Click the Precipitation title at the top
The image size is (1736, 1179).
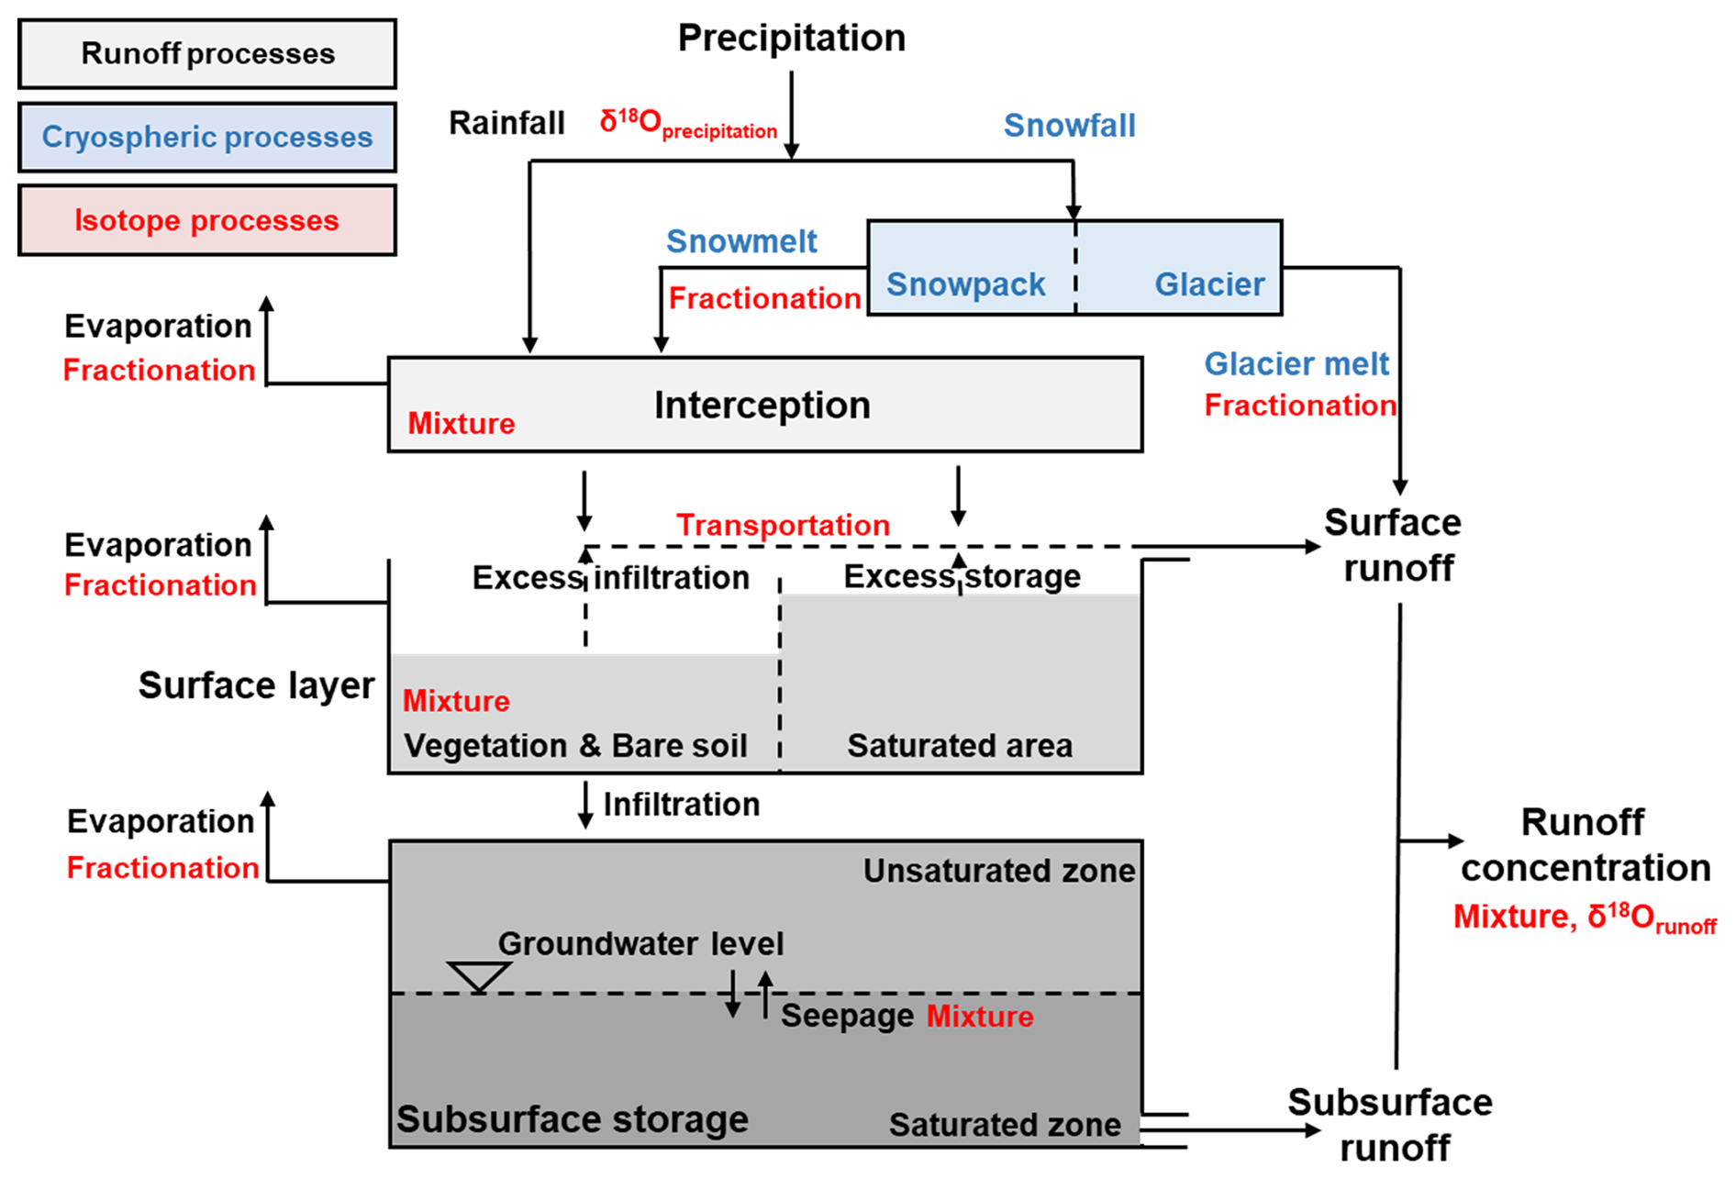pyautogui.click(x=791, y=39)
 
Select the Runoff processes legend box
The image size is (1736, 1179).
pyautogui.click(x=207, y=54)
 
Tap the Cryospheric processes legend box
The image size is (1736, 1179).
pyautogui.click(x=207, y=138)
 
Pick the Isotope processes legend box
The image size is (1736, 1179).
pyautogui.click(x=207, y=221)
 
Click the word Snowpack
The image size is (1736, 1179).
pyautogui.click(x=965, y=284)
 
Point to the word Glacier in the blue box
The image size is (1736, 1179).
pyautogui.click(x=1209, y=284)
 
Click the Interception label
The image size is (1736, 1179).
pyautogui.click(x=762, y=406)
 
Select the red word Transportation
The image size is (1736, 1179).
pyautogui.click(x=783, y=525)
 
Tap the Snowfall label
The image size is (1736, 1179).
pyautogui.click(x=1069, y=126)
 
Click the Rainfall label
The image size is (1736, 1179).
pyautogui.click(x=506, y=123)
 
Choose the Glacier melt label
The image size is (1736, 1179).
pyautogui.click(x=1296, y=364)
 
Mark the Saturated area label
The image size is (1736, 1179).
pyautogui.click(x=960, y=746)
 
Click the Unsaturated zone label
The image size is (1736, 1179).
pyautogui.click(x=999, y=871)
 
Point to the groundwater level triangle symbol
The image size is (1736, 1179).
pyautogui.click(x=479, y=976)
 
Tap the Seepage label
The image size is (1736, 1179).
pyautogui.click(x=847, y=1017)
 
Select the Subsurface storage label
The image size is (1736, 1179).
pyautogui.click(x=573, y=1119)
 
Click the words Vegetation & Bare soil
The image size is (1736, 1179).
pyautogui.click(x=575, y=746)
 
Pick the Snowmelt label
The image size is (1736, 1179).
pyautogui.click(x=741, y=242)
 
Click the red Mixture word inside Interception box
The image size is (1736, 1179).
pyautogui.click(x=462, y=424)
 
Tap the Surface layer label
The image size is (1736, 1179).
pyautogui.click(x=257, y=685)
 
